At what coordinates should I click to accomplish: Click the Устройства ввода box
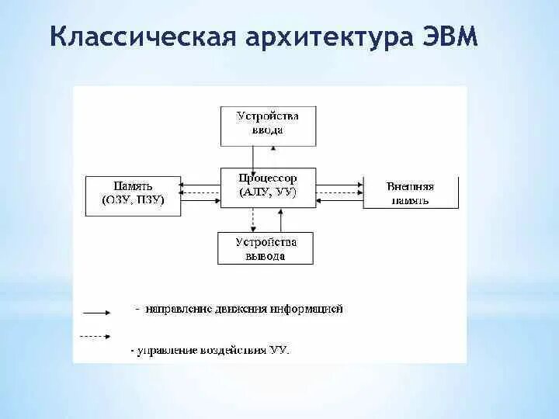[x=268, y=124]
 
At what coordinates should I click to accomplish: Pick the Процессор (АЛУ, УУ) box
[x=269, y=187]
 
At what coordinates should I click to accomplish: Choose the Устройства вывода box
[x=267, y=248]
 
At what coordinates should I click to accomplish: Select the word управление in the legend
[x=162, y=351]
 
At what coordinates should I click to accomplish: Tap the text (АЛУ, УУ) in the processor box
[x=269, y=192]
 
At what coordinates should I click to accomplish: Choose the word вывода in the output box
[x=267, y=255]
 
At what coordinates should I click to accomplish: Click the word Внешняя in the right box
[x=409, y=186]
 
